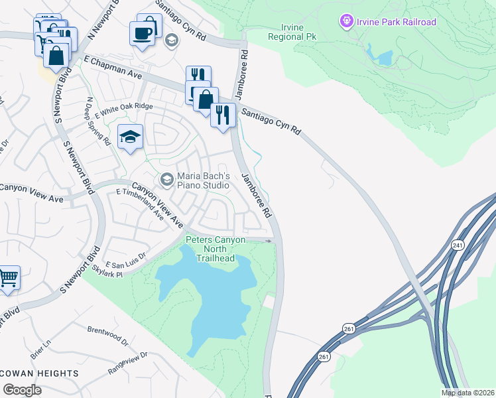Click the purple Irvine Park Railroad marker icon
point(345,23)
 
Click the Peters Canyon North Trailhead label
point(216,249)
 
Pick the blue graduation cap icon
point(130,137)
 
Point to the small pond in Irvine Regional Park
point(384,58)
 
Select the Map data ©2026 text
point(467,393)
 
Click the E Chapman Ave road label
point(113,69)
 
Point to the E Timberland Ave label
point(140,203)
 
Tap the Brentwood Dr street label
point(107,335)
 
